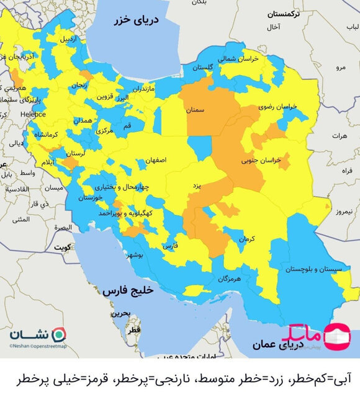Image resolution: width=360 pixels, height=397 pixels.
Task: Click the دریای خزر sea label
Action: [x=136, y=21]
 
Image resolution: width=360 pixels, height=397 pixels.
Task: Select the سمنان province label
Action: [x=194, y=110]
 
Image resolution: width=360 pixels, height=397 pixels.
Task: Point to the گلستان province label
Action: [x=202, y=67]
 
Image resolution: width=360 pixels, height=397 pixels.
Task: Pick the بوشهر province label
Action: [x=136, y=255]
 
